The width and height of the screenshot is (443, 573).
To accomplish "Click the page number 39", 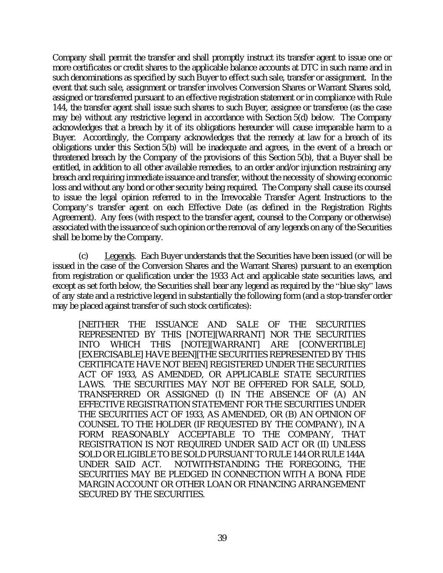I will pos(222,538).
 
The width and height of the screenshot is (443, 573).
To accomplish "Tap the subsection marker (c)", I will pos(84,256).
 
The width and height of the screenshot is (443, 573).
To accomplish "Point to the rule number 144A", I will pos(356,454).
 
